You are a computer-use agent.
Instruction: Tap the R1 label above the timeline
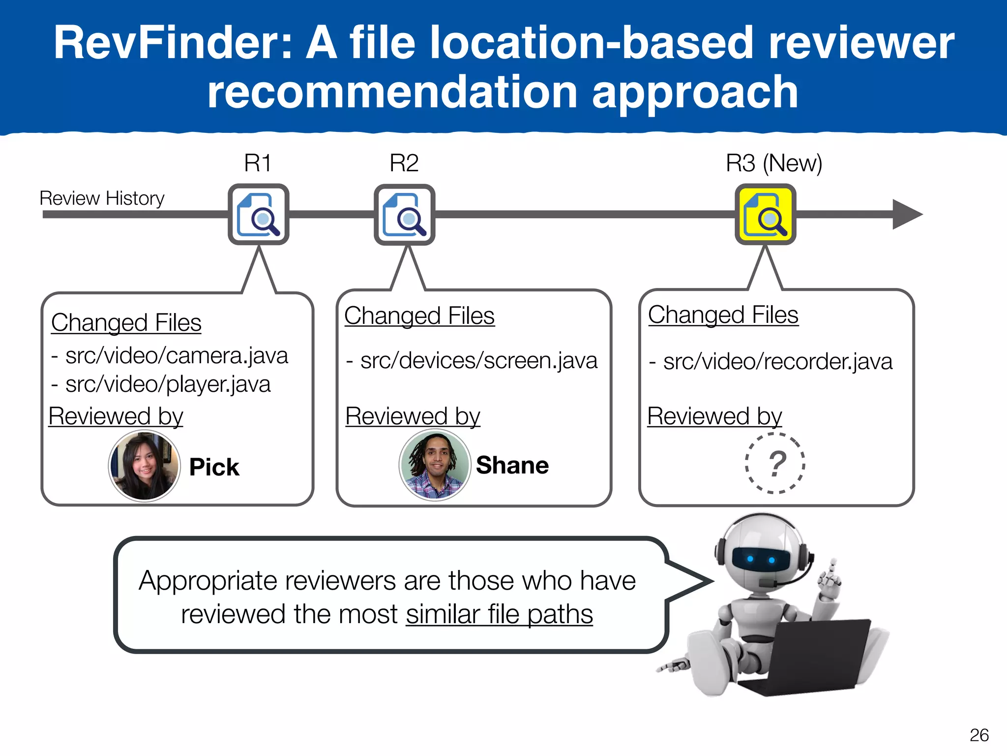point(258,163)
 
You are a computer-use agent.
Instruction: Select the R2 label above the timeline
point(404,163)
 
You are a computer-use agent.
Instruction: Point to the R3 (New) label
point(774,163)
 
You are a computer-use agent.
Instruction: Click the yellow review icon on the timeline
point(765,215)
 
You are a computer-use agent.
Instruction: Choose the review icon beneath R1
point(259,215)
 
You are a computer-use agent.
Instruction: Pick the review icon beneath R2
point(404,215)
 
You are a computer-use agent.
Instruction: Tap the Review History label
point(102,198)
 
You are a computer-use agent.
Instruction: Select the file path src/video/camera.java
point(176,355)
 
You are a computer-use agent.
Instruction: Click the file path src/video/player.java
point(167,384)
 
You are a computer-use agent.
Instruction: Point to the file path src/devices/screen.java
point(478,361)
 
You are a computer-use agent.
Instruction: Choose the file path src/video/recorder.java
point(777,362)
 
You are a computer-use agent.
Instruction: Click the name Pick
point(214,467)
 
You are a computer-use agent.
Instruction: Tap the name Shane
point(512,465)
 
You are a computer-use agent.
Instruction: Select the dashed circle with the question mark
point(776,463)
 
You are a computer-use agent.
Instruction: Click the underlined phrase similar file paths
point(499,614)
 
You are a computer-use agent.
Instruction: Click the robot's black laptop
point(811,655)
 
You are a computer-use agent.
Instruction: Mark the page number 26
point(978,735)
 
